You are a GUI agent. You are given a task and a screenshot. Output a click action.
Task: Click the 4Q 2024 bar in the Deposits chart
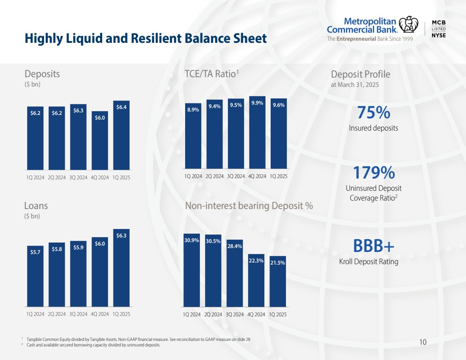click(100, 140)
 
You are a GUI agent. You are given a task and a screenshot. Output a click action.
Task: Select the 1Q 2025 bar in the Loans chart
click(122, 268)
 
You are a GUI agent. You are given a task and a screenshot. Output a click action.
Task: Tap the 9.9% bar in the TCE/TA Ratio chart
click(257, 132)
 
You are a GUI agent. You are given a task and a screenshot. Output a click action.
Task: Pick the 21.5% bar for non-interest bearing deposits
click(277, 281)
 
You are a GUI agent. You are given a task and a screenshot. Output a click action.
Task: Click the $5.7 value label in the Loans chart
click(35, 252)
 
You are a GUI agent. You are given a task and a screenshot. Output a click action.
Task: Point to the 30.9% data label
click(191, 240)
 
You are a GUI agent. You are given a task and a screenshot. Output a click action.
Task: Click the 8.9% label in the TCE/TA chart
click(193, 109)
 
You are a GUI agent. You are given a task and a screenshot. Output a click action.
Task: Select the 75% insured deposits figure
click(373, 113)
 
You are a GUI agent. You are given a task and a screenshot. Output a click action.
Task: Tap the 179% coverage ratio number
click(373, 173)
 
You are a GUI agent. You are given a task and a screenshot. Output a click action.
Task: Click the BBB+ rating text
click(373, 246)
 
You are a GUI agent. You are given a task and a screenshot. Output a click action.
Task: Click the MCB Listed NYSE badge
click(438, 29)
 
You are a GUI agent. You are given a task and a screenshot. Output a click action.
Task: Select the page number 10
click(422, 342)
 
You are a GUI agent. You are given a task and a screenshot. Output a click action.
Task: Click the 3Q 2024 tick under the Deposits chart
click(78, 178)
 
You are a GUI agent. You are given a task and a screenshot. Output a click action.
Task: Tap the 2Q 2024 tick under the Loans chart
click(57, 314)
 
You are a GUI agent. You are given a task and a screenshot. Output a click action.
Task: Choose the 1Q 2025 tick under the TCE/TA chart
click(278, 176)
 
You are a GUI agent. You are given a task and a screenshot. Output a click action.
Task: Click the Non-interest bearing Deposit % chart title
click(249, 206)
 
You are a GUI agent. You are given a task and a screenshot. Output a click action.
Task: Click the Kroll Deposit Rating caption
click(369, 262)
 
